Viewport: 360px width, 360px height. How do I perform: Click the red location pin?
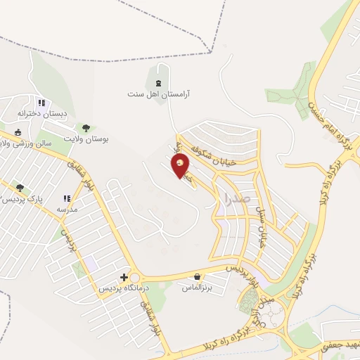181,165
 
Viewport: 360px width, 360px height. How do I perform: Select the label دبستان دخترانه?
42,113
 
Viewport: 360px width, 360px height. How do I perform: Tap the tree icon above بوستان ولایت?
86,128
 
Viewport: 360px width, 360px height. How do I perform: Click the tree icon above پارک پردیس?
20,188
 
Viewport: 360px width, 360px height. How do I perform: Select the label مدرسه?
67,210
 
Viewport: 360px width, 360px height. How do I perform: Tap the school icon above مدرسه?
67,199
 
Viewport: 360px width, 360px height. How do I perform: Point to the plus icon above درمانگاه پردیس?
124,278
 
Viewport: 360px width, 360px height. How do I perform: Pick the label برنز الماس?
197,288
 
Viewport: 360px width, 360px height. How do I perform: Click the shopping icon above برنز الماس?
198,276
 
